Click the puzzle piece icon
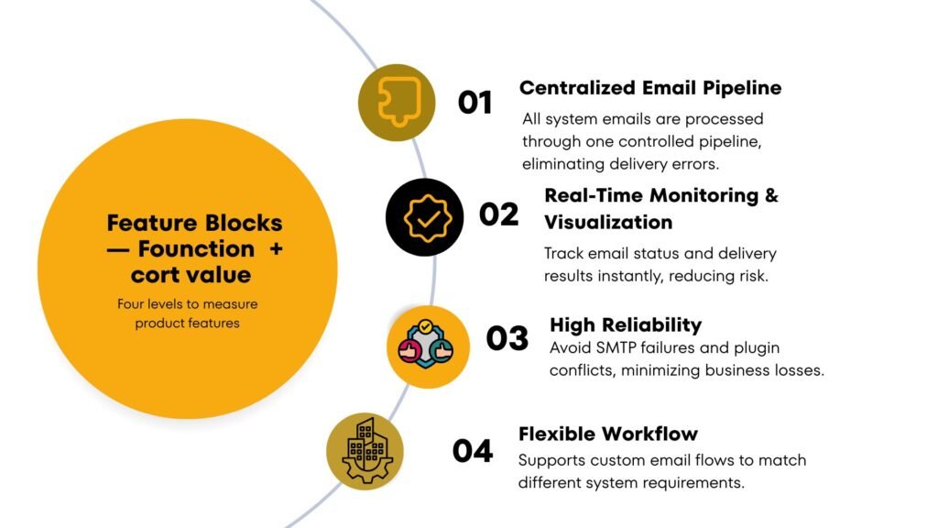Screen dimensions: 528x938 (397, 102)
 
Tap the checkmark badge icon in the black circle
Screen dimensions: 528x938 (423, 217)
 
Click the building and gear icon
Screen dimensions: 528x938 (365, 450)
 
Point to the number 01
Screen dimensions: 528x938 (474, 103)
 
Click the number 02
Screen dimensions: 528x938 (498, 214)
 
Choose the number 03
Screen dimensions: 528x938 (507, 338)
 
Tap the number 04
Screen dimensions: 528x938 (473, 451)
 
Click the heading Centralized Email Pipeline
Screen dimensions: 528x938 (650, 88)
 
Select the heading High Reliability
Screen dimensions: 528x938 (626, 324)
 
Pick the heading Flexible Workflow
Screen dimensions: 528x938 (608, 434)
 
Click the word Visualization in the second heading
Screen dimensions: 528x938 (608, 223)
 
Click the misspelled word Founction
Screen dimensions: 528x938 (196, 248)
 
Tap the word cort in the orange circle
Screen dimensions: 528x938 (156, 275)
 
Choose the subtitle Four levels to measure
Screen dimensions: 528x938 (188, 304)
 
